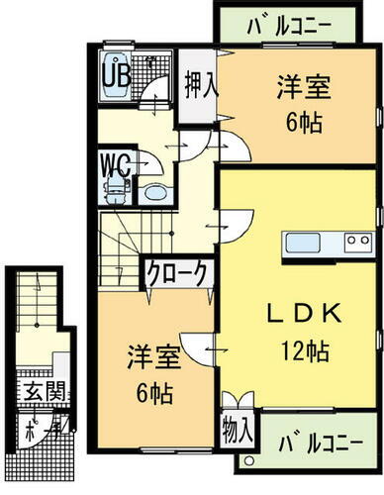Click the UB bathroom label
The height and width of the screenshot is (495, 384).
point(116,73)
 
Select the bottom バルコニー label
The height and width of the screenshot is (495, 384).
point(315,441)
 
